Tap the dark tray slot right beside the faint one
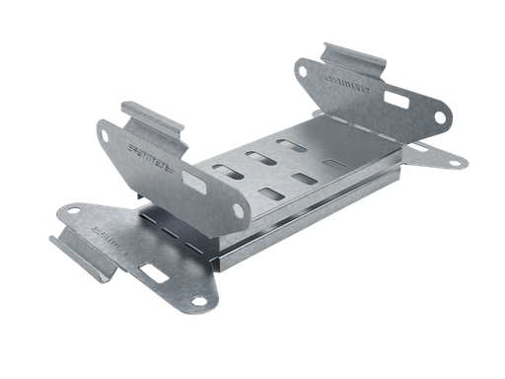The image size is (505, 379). (300, 179)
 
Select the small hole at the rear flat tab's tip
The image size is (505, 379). (456, 159)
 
